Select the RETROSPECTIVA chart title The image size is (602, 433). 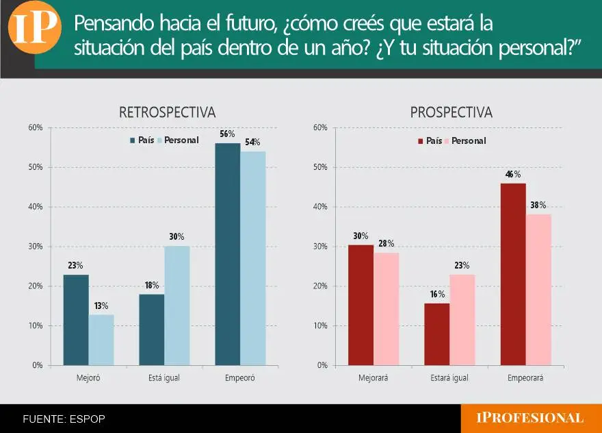tap(167, 112)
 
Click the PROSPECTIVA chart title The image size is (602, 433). tap(451, 112)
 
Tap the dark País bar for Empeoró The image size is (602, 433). tap(228, 253)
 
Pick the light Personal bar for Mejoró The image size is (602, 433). tap(101, 339)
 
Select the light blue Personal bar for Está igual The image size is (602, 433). tap(177, 305)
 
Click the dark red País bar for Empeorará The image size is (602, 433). tap(513, 273)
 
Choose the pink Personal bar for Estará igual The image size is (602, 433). tap(462, 319)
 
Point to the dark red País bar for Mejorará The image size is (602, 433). tap(361, 305)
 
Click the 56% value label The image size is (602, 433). tap(227, 134)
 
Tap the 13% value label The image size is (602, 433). tap(101, 306)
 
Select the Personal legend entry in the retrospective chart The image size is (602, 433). tap(177, 140)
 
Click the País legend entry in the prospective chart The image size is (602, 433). tap(430, 140)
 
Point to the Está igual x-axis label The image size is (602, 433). tap(164, 378)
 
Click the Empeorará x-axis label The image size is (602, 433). tap(525, 378)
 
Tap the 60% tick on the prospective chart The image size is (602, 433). tap(319, 127)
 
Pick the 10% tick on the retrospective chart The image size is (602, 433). tap(36, 325)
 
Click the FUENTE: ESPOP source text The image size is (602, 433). tap(64, 419)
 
